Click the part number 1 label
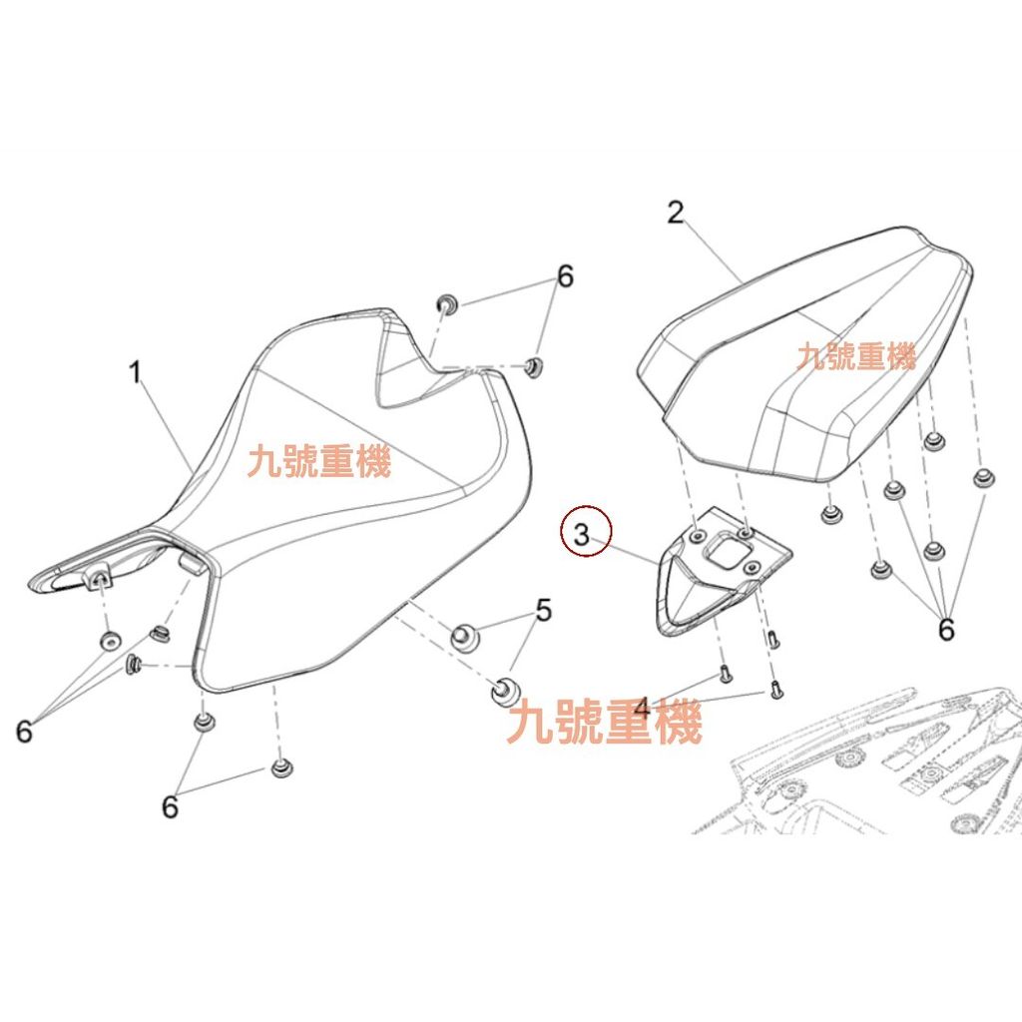pyautogui.click(x=135, y=372)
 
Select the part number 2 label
pyautogui.click(x=676, y=213)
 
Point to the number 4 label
pyautogui.click(x=642, y=709)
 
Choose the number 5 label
pyautogui.click(x=544, y=610)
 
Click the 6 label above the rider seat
pyautogui.click(x=565, y=275)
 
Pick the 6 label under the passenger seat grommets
pyautogui.click(x=946, y=629)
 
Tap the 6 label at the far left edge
pyautogui.click(x=24, y=731)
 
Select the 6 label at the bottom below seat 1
pyautogui.click(x=170, y=806)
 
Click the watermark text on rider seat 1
pyautogui.click(x=319, y=461)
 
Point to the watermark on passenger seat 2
pyautogui.click(x=856, y=356)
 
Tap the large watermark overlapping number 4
pyautogui.click(x=604, y=721)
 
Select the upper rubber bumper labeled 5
pyautogui.click(x=463, y=636)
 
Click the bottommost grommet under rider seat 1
pyautogui.click(x=280, y=767)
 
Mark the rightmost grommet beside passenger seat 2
pyautogui.click(x=983, y=478)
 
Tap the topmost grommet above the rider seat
pyautogui.click(x=447, y=303)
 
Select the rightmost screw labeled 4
pyautogui.click(x=774, y=689)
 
